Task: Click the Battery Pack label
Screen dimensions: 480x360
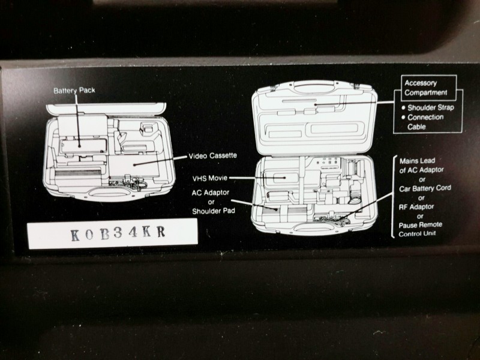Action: click(x=74, y=91)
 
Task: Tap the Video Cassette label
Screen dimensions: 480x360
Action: click(x=212, y=156)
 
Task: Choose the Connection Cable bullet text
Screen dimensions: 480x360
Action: click(x=425, y=122)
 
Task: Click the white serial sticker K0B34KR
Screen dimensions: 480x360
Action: click(x=113, y=233)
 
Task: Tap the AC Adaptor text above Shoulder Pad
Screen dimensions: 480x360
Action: click(x=211, y=193)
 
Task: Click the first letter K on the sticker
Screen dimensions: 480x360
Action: click(x=74, y=235)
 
